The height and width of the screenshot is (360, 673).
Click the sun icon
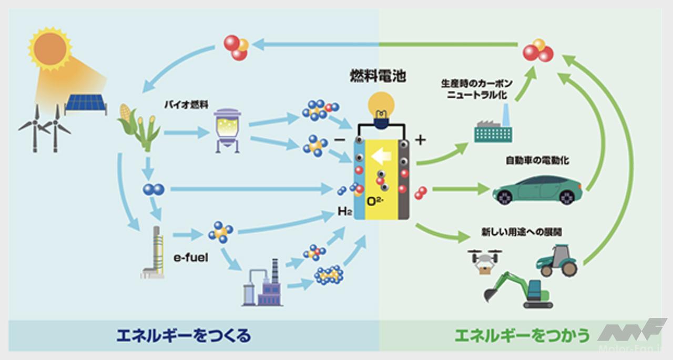tap(50, 48)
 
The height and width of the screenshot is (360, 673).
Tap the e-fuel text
tap(191, 258)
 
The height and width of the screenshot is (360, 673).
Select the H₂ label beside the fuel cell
tap(344, 212)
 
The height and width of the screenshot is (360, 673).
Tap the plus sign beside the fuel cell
tap(420, 140)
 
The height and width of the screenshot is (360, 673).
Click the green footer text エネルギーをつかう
tap(521, 335)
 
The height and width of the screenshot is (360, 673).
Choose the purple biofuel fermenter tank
tap(227, 130)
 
